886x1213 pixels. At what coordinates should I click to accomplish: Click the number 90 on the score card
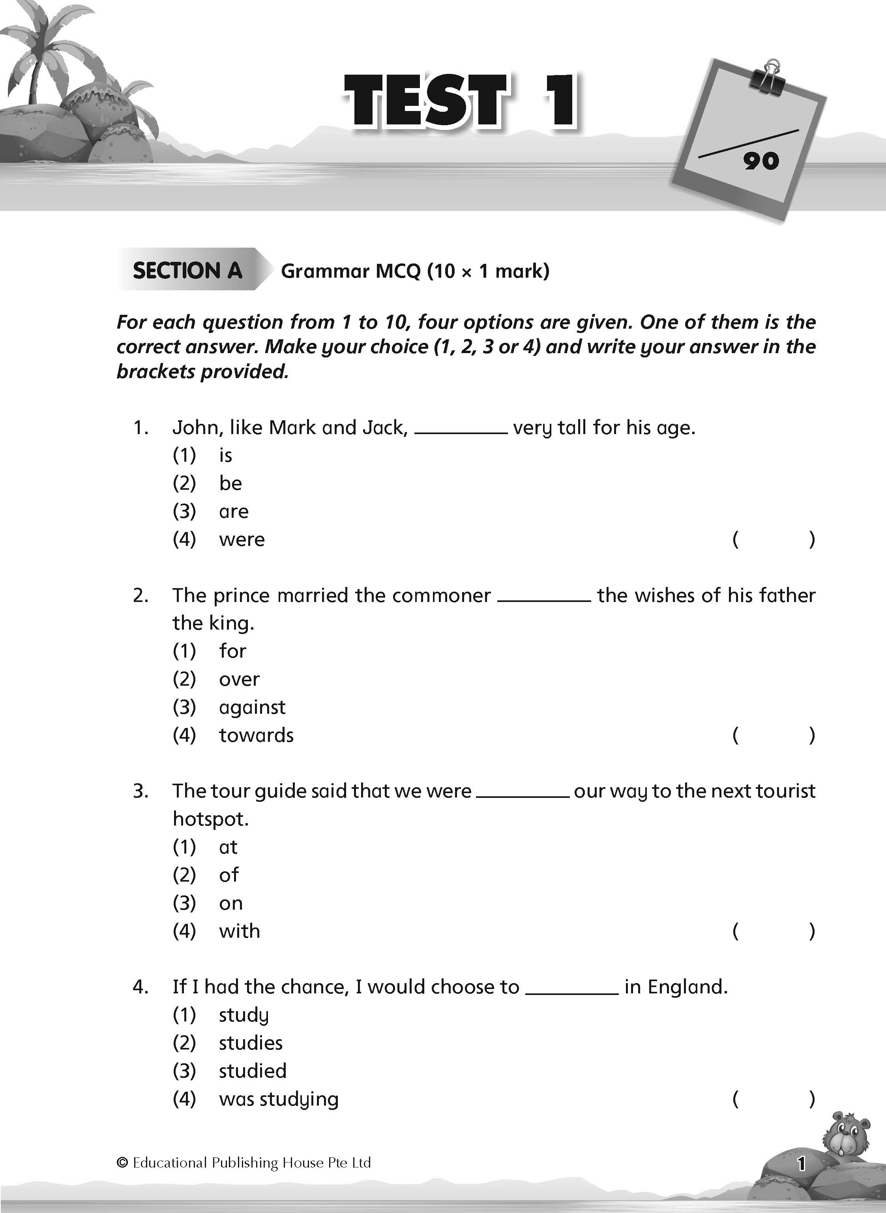tap(761, 161)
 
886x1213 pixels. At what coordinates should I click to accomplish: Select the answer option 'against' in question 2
tap(252, 707)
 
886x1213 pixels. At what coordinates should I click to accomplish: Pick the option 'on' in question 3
tap(230, 903)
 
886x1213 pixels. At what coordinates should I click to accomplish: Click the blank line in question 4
tap(572, 993)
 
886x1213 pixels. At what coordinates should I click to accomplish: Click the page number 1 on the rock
tap(801, 1164)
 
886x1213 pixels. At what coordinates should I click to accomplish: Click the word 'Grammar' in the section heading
tap(325, 271)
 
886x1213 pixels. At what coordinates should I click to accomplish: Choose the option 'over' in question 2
tap(239, 679)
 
